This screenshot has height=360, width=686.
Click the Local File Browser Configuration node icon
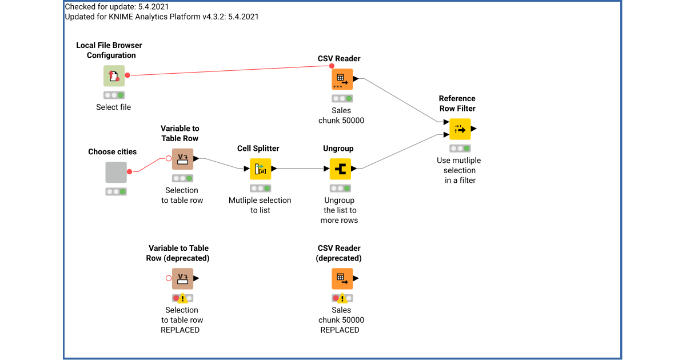114,76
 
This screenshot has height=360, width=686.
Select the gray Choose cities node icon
116,172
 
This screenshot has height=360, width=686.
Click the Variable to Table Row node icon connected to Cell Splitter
182,159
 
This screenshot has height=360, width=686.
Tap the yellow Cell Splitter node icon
260,169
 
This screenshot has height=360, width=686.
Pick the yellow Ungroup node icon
340,169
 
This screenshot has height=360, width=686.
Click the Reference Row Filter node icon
460,129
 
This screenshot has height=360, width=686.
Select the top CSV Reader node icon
342,79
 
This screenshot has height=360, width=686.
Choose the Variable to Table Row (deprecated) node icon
182,279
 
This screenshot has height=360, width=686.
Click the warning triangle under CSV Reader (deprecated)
342,298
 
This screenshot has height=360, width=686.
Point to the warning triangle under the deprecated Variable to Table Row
182,298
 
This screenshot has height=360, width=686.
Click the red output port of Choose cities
130,171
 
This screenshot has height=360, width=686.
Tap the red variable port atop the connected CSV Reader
332,66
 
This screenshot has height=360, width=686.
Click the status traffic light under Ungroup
340,188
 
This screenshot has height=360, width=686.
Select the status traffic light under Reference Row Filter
460,148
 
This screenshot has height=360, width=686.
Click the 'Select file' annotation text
113,107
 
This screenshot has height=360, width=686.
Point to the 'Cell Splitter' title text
258,148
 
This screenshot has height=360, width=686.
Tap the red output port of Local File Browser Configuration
127,75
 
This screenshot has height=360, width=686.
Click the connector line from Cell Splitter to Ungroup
303,169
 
